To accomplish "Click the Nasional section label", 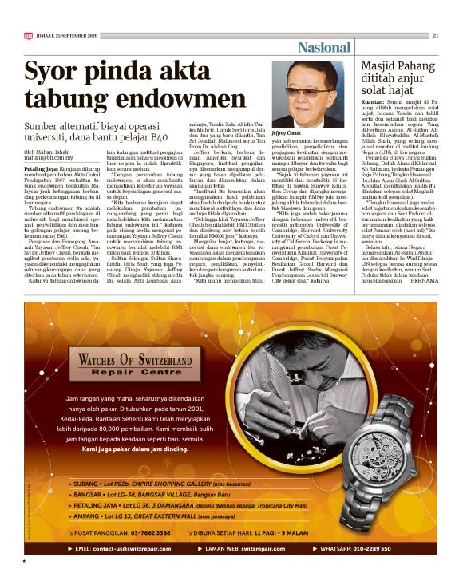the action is point(324,49).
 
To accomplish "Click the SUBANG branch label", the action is point(86,484).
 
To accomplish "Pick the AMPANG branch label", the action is point(88,514).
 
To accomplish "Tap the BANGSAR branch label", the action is point(89,494).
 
